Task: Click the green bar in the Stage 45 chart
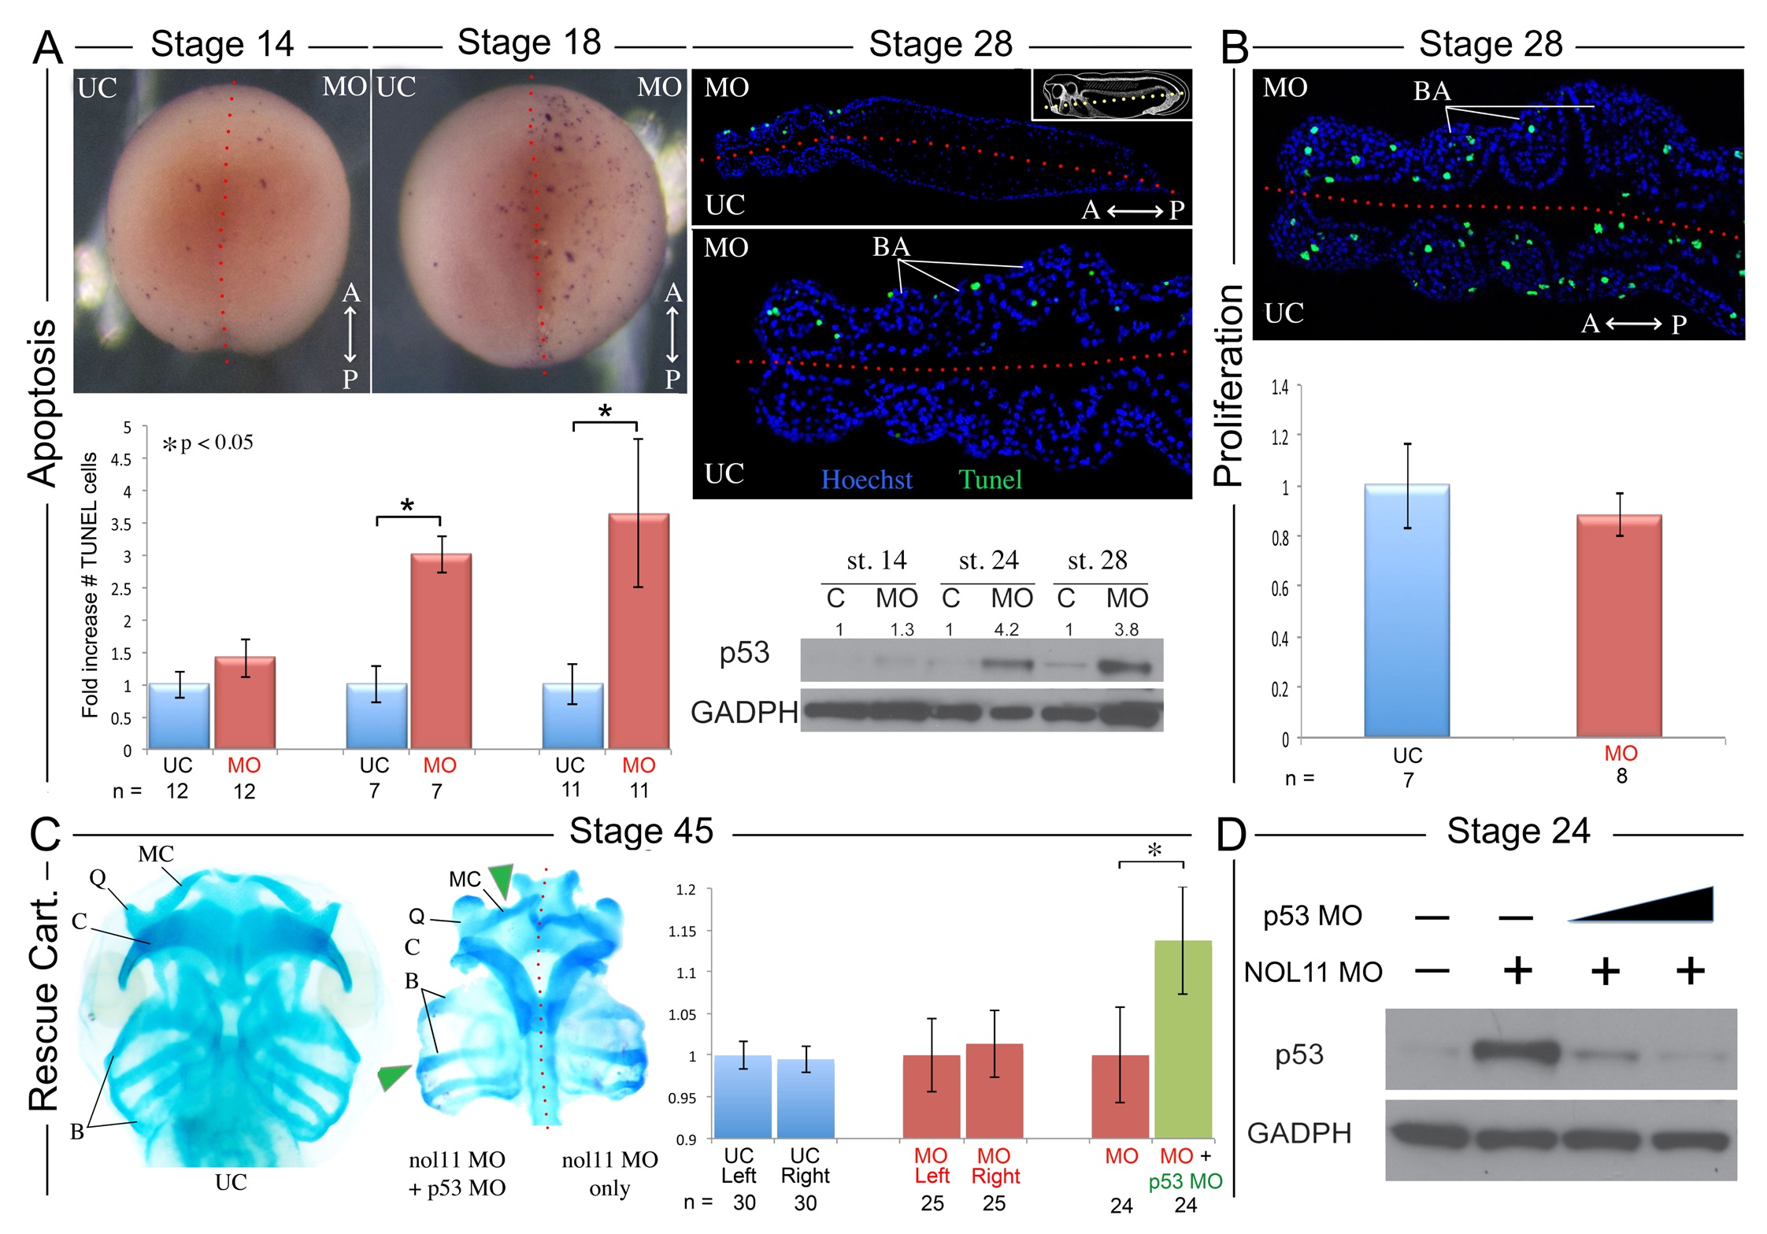pos(1183,1039)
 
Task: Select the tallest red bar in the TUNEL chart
pos(638,630)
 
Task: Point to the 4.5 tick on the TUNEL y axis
pos(126,460)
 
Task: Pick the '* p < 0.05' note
pos(208,443)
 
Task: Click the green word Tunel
pos(990,480)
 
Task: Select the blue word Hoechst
pos(866,480)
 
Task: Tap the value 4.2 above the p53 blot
pos(1006,629)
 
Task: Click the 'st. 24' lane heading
pos(988,560)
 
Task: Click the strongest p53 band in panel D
pos(1516,1051)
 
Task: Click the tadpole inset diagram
pos(1112,94)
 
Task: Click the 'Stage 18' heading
pos(528,43)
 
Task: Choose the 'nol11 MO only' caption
pos(609,1173)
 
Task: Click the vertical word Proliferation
pos(1228,386)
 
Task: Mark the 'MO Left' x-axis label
pos(932,1165)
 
